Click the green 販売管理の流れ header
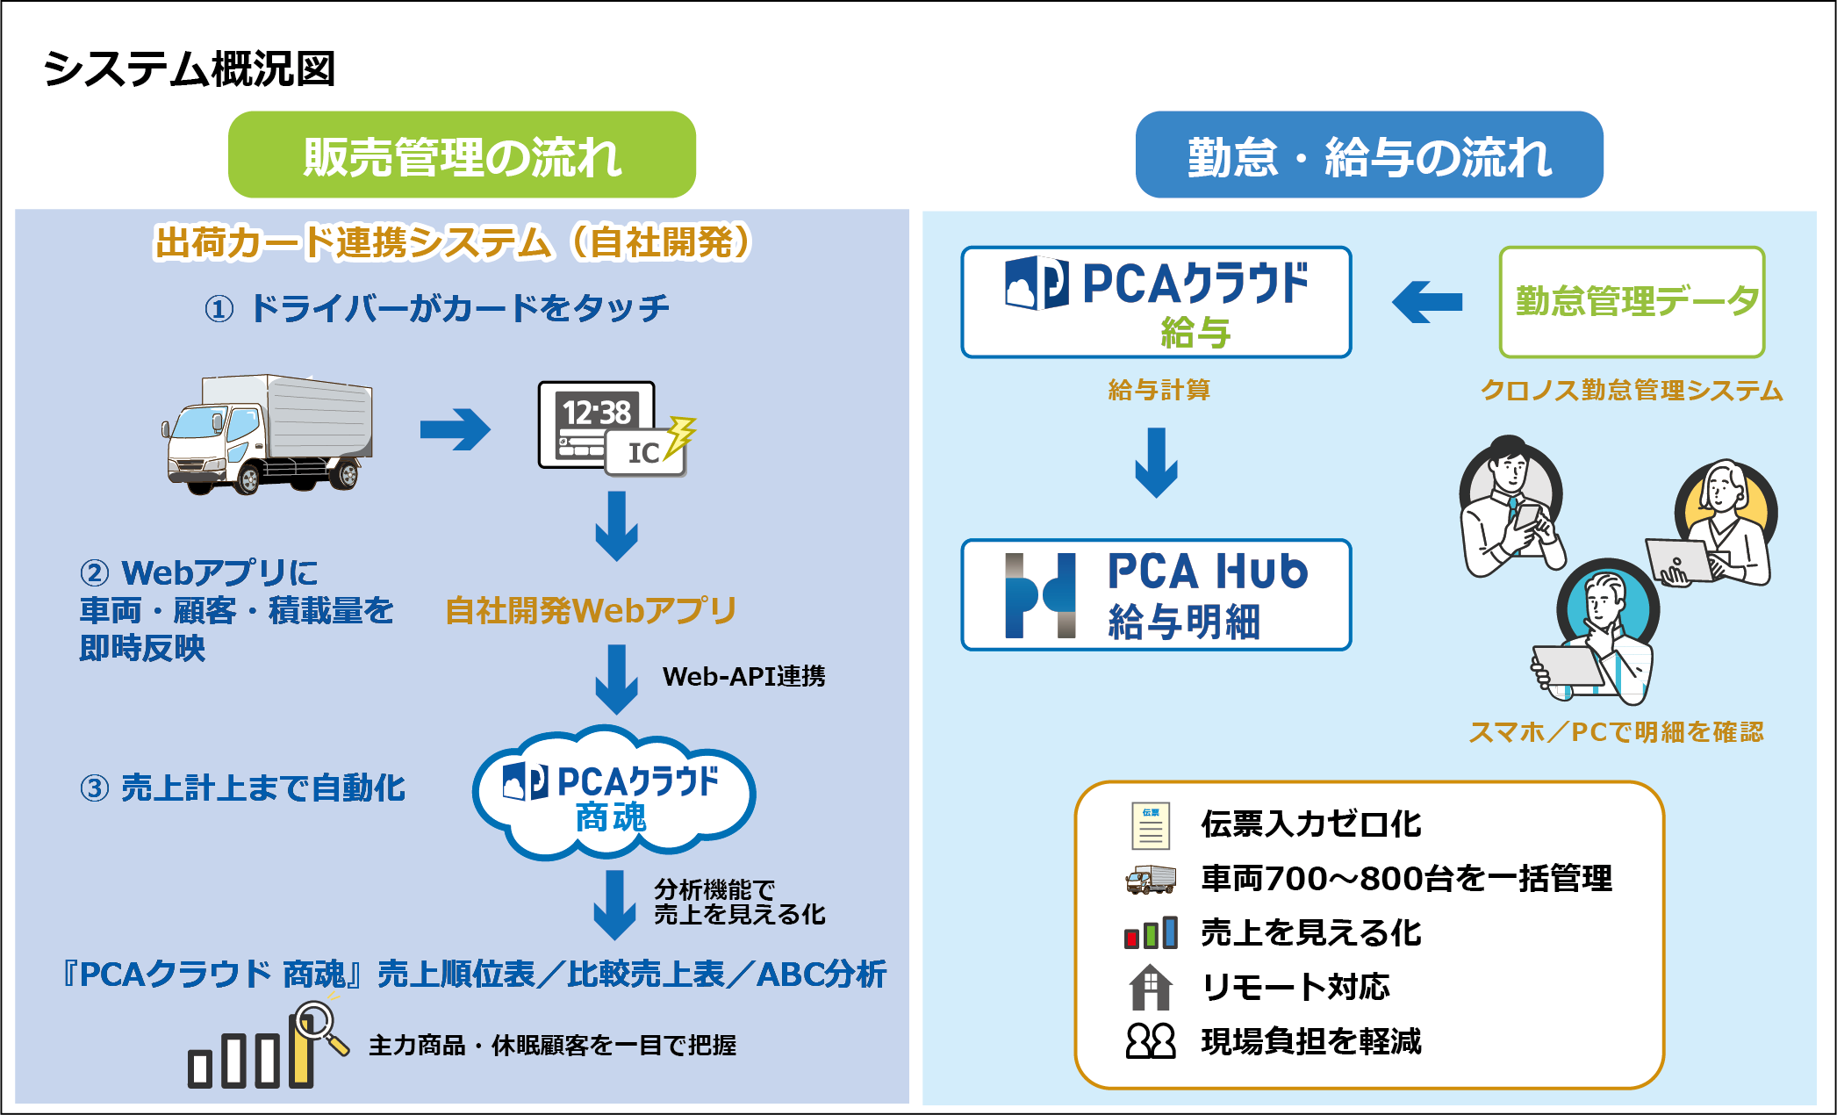(462, 155)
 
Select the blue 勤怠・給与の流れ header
(1368, 155)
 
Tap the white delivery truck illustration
(268, 434)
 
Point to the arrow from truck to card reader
(455, 429)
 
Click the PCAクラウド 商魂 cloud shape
(613, 795)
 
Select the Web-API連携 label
(743, 676)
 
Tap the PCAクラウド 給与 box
(1156, 302)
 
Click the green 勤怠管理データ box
(1632, 302)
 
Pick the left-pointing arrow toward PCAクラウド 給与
(1427, 302)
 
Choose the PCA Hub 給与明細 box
(1156, 594)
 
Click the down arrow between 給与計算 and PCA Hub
(1156, 462)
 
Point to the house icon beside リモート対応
(1150, 987)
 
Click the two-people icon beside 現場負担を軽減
(1150, 1041)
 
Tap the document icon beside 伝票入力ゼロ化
(1150, 825)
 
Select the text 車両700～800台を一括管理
(1406, 878)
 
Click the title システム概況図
(189, 68)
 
